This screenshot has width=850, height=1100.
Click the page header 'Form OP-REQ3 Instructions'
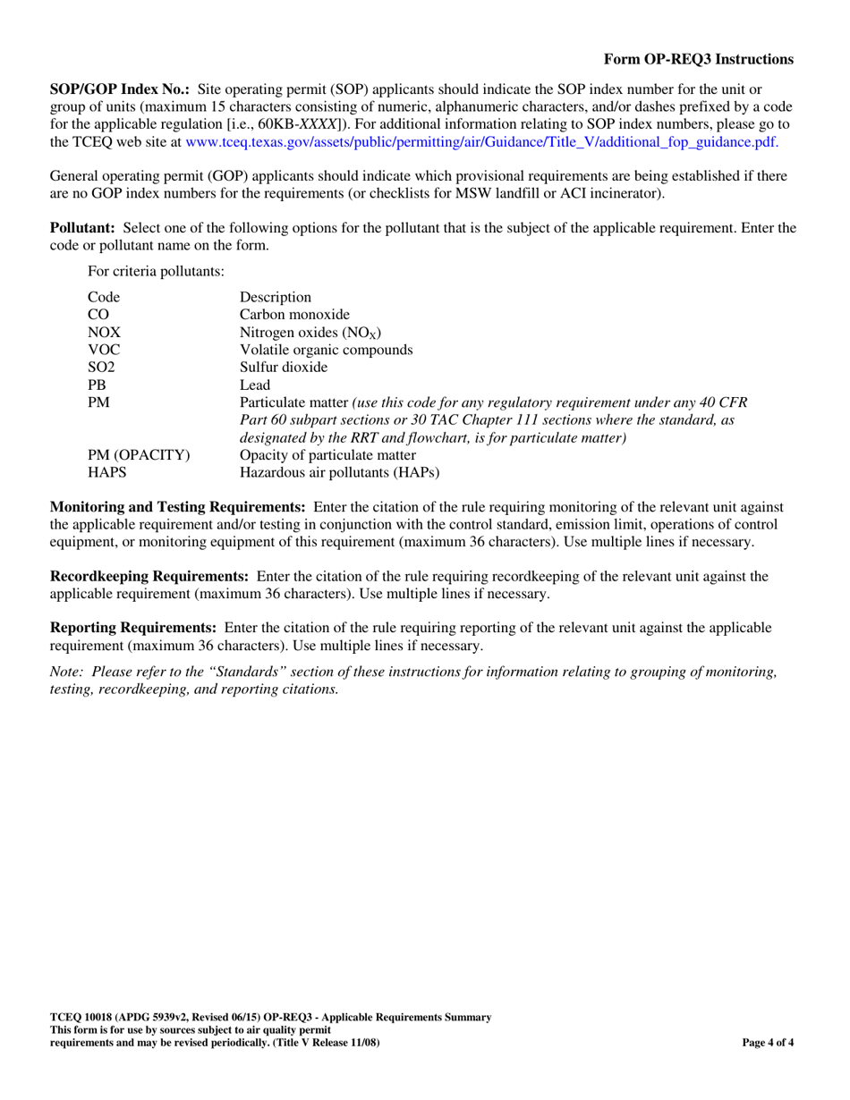coord(698,59)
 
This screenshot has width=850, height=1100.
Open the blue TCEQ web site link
coord(474,141)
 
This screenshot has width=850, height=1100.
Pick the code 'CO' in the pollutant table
coord(98,314)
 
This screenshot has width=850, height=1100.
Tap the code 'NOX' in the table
coord(104,332)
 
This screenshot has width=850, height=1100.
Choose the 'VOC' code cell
coord(104,350)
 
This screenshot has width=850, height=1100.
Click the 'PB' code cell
coord(98,385)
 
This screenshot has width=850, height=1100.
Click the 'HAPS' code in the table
coord(106,472)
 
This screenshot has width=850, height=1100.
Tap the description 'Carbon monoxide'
coord(294,314)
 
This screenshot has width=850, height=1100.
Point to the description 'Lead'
coord(255,385)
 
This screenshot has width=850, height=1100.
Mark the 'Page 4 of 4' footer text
coord(769,1043)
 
